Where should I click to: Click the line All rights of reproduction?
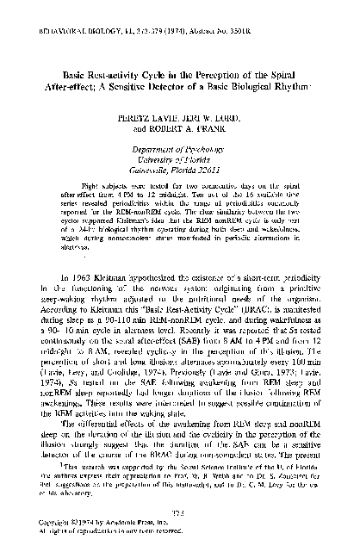pyautogui.click(x=103, y=532)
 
